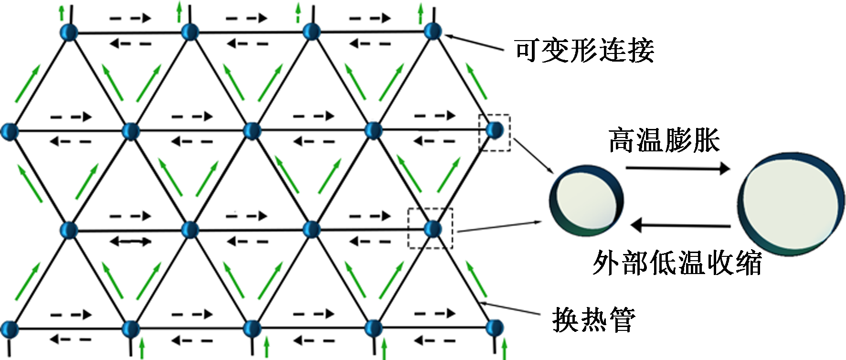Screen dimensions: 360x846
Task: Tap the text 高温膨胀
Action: point(664,140)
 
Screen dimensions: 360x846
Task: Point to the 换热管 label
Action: point(593,319)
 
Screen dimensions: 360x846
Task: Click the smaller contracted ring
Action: point(586,201)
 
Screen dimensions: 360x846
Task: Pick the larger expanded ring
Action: point(791,204)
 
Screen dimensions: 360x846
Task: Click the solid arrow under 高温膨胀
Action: point(678,168)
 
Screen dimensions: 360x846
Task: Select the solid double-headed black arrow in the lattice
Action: point(130,242)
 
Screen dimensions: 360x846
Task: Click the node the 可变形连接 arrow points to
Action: point(433,32)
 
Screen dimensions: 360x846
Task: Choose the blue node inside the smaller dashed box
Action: point(495,130)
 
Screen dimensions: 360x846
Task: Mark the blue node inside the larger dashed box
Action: point(433,229)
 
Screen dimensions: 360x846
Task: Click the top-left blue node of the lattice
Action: point(69,32)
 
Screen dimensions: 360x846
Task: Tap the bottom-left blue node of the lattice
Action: point(10,329)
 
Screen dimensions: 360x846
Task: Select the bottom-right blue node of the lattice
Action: point(495,328)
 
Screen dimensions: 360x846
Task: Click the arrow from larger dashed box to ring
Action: point(499,226)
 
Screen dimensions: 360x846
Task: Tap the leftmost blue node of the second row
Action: point(10,131)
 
